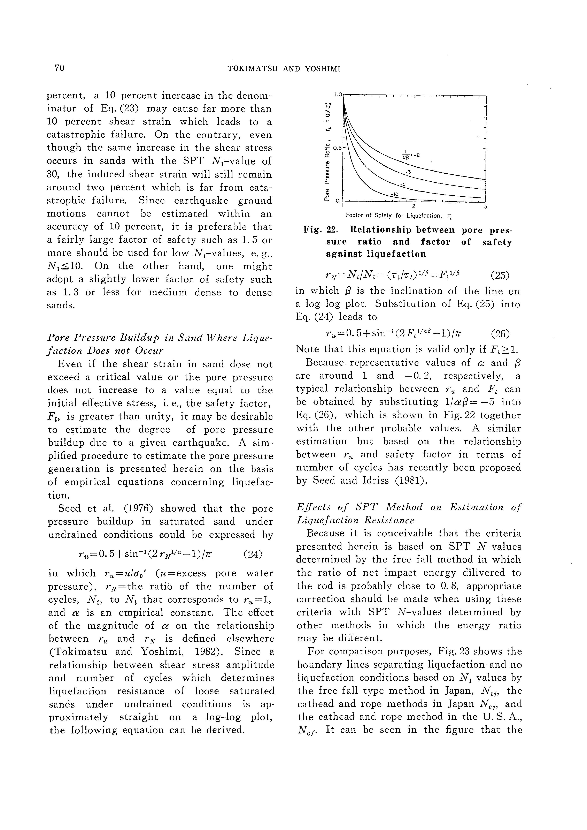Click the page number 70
pyautogui.click(x=59, y=68)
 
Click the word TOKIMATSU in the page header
pyautogui.click(x=252, y=69)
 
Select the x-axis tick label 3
pyautogui.click(x=485, y=207)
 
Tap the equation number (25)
pyautogui.click(x=500, y=276)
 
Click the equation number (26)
pyautogui.click(x=500, y=333)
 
